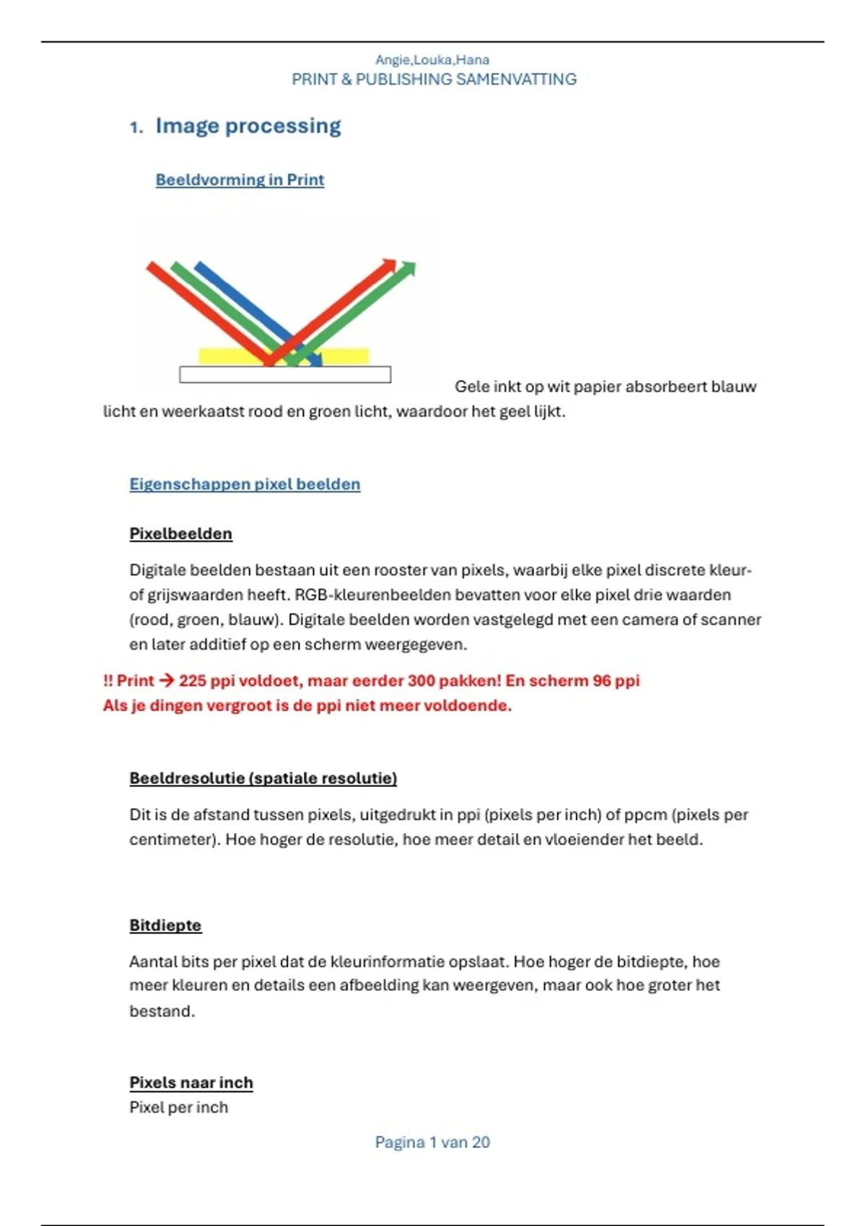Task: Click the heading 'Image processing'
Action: pyautogui.click(x=248, y=126)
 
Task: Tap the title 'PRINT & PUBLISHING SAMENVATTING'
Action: pyautogui.click(x=434, y=79)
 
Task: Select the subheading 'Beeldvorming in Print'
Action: pyautogui.click(x=240, y=180)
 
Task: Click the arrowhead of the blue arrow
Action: pyautogui.click(x=315, y=361)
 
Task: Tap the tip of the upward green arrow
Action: pyautogui.click(x=411, y=267)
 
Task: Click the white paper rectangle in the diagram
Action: pyautogui.click(x=285, y=374)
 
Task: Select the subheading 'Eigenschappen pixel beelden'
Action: pyautogui.click(x=245, y=484)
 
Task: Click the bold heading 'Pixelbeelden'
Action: pyautogui.click(x=180, y=534)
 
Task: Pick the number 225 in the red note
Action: pyautogui.click(x=193, y=681)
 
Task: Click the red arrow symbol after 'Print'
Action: pyautogui.click(x=166, y=681)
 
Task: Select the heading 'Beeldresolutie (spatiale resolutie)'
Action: pyautogui.click(x=263, y=778)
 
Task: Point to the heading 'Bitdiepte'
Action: pyautogui.click(x=165, y=925)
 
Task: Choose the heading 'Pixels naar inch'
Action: pyautogui.click(x=191, y=1082)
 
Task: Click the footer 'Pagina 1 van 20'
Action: pyautogui.click(x=432, y=1142)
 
